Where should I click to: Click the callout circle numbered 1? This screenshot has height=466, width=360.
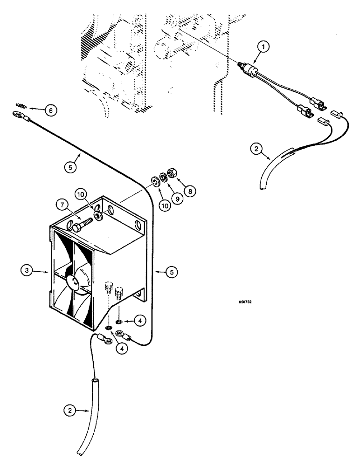click(x=264, y=47)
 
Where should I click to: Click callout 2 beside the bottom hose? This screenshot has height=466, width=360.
click(x=69, y=411)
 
